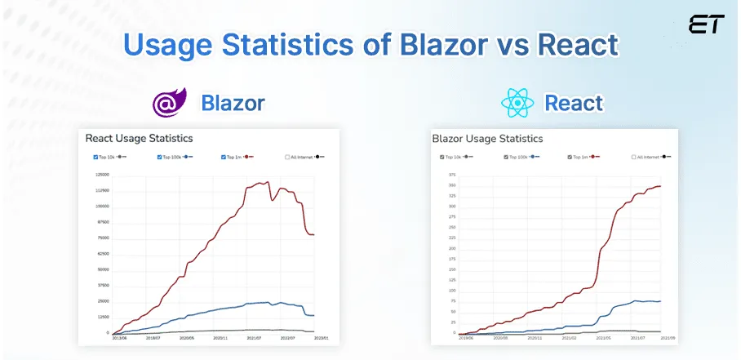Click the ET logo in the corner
[x=706, y=24]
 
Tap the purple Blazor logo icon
[x=170, y=103]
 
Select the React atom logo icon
[x=517, y=103]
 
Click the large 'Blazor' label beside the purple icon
[x=233, y=104]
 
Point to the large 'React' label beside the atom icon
[x=574, y=104]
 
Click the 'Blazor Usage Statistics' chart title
[x=487, y=139]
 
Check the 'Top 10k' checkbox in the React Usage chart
[x=96, y=156]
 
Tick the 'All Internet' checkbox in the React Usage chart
[x=288, y=156]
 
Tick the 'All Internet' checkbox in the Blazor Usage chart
[x=634, y=156]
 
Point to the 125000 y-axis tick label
[x=102, y=175]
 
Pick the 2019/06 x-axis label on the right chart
[x=465, y=338]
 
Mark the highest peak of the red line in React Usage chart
[x=268, y=182]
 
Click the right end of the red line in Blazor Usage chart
[x=660, y=186]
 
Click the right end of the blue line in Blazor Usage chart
[x=660, y=301]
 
